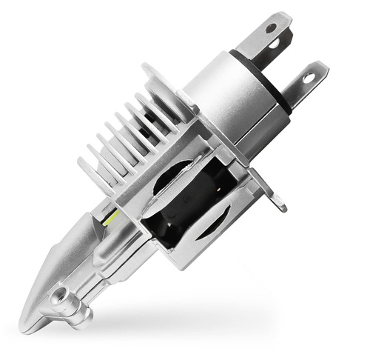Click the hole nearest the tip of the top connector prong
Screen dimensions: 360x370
[271, 28]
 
